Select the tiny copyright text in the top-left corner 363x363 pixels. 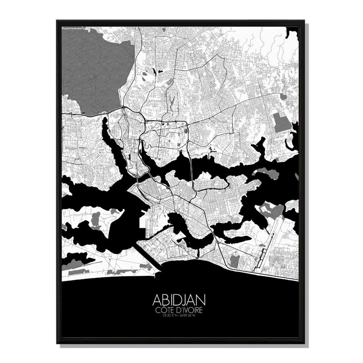click(x=73, y=28)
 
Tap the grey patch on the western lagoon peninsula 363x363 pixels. click(x=96, y=221)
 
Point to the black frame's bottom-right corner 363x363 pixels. click(x=304, y=342)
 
